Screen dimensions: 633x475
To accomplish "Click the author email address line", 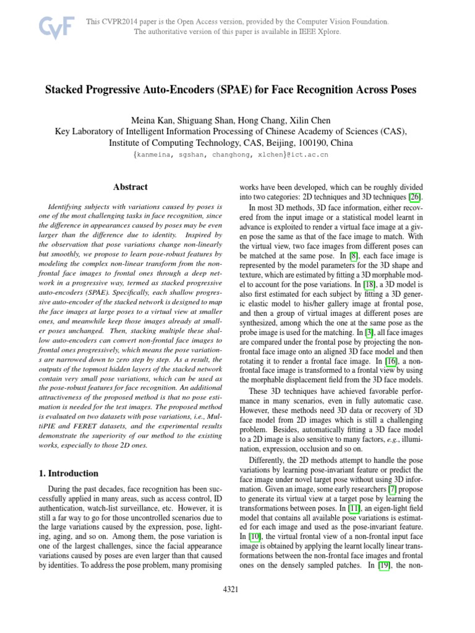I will coord(231,155).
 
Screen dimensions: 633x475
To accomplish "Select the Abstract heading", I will coord(131,186).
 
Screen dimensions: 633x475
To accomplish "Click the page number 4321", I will coord(231,590).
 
